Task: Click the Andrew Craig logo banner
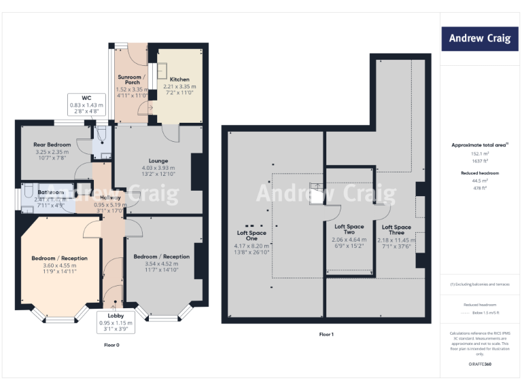(479, 38)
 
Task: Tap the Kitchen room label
(179, 79)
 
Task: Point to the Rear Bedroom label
(52, 145)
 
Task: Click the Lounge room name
(158, 160)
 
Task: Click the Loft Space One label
(251, 236)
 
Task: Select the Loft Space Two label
(349, 229)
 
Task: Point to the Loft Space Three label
(396, 230)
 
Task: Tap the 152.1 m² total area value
(480, 154)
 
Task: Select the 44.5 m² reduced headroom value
(480, 181)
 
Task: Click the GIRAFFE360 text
(480, 365)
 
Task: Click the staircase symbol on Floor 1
(317, 193)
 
